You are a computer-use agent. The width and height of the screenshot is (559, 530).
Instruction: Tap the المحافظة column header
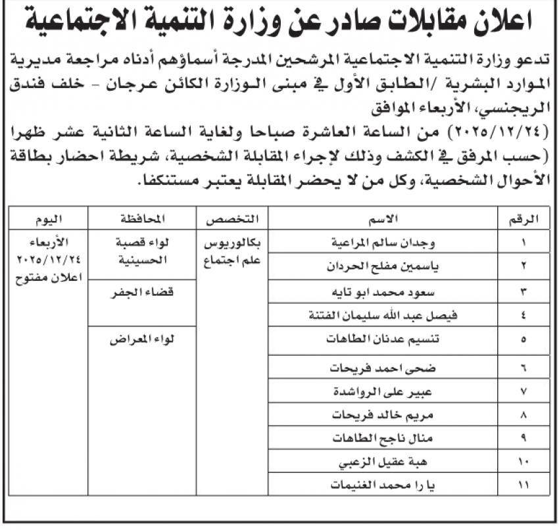[x=143, y=218]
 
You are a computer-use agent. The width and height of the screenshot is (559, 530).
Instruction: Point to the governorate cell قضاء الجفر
[x=143, y=293]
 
